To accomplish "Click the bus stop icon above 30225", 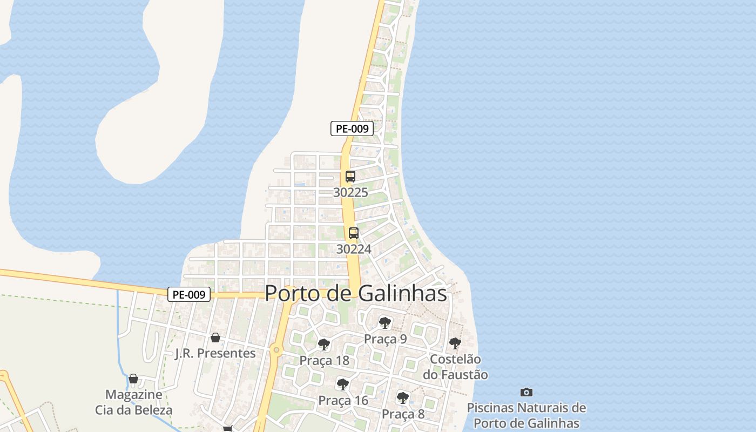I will (x=350, y=176).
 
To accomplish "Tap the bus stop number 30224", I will (x=354, y=249).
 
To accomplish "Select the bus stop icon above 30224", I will (x=354, y=233).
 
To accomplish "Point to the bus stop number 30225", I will (x=350, y=192).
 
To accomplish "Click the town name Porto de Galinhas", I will (x=356, y=293).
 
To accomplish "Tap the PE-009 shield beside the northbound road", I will (x=352, y=129).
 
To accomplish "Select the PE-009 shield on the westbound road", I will (x=189, y=294).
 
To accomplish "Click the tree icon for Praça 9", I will (x=385, y=323).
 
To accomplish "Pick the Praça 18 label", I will (x=324, y=361).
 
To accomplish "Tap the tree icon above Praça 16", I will (x=342, y=384).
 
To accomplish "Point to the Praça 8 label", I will (x=403, y=414).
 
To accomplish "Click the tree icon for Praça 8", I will (x=402, y=398).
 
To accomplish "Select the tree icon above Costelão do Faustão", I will (x=455, y=343).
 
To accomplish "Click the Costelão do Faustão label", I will (x=455, y=367).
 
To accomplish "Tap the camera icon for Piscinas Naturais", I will (x=526, y=392).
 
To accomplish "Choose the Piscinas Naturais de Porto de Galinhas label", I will (x=526, y=415).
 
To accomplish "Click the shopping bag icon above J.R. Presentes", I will (x=215, y=337).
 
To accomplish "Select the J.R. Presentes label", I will (x=215, y=353).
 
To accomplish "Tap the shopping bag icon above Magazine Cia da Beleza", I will (x=133, y=379).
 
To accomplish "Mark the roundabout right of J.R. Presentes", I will (x=276, y=350).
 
